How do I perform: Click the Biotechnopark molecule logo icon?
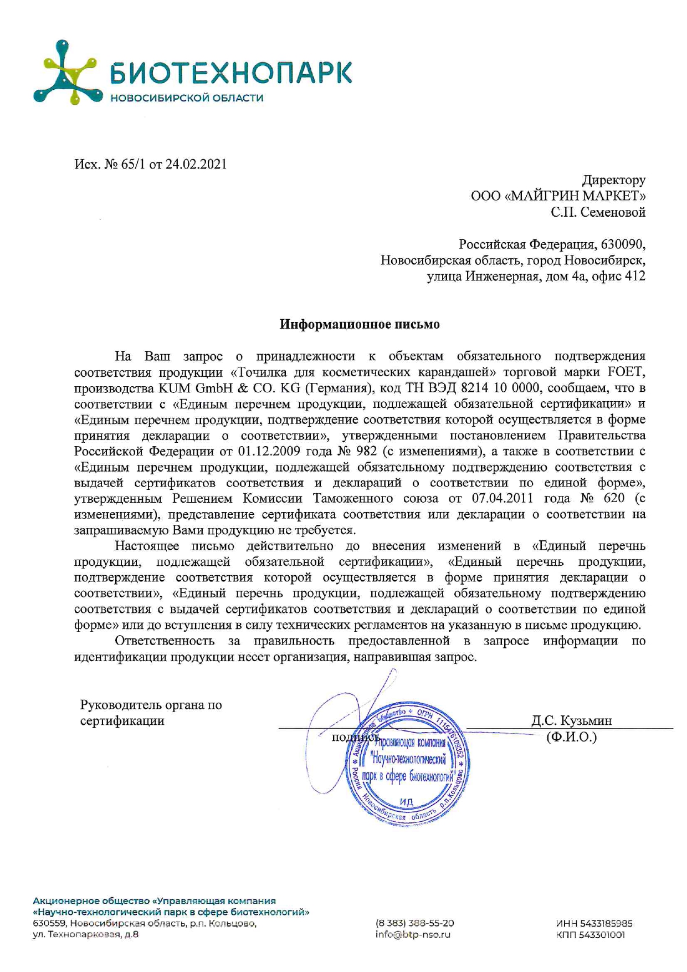tap(68, 73)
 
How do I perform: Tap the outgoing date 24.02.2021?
tap(196, 165)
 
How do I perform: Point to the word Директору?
tap(613, 180)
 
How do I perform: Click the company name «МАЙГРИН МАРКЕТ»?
tap(576, 196)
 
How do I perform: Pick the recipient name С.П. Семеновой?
tap(598, 212)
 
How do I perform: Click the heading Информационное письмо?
tap(360, 324)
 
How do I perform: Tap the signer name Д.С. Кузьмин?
tap(572, 720)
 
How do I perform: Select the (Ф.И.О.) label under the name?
tap(571, 737)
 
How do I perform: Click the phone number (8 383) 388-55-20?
tap(415, 923)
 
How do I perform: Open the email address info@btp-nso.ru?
tap(413, 934)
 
